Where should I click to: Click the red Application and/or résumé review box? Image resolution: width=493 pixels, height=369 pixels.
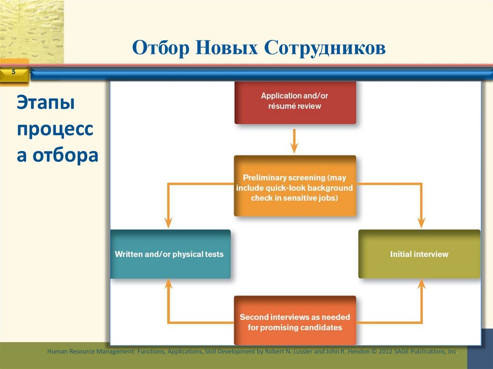point(295,102)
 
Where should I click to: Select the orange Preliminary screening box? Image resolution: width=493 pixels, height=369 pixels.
point(295,186)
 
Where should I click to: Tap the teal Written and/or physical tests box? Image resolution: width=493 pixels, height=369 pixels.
point(170,254)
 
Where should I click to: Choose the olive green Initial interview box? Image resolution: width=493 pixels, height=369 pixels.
point(419,254)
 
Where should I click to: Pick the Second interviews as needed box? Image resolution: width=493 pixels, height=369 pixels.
point(295,321)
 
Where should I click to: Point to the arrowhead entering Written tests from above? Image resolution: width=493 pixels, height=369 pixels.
point(168,222)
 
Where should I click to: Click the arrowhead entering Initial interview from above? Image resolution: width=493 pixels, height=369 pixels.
point(421,222)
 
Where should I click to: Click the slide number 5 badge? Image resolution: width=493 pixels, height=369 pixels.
point(13,72)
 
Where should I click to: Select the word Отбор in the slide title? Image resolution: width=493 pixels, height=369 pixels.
point(161,49)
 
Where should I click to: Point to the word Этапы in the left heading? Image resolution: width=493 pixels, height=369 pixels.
point(46,103)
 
